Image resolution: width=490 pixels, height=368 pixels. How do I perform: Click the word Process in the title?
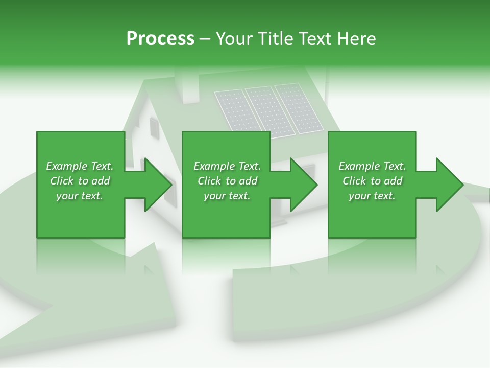(160, 39)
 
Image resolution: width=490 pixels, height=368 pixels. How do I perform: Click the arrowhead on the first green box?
(156, 185)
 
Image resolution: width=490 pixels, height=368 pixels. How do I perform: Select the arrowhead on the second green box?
(301, 185)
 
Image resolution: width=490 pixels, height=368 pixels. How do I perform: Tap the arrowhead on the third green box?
(447, 185)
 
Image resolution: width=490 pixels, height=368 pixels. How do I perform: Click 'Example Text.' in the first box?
(80, 166)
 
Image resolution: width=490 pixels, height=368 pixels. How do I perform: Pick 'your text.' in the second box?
(227, 196)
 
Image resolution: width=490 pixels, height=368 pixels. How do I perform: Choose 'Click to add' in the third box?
(373, 181)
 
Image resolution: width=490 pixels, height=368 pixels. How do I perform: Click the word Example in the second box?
(214, 166)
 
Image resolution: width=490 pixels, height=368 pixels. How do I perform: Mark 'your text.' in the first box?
(80, 196)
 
